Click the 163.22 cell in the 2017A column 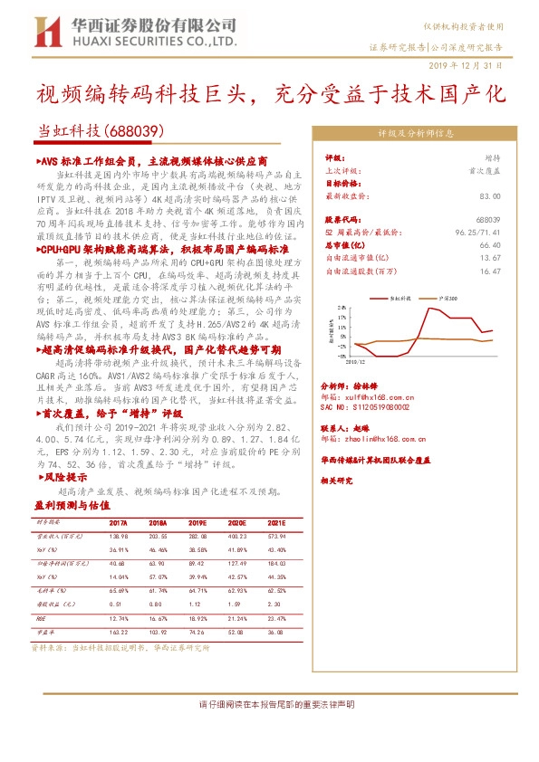[118, 633]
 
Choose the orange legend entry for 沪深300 [443, 296]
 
